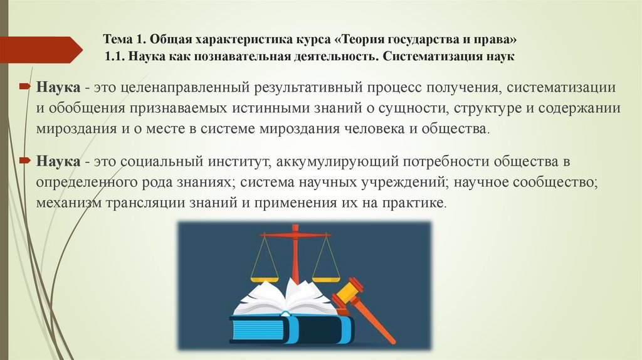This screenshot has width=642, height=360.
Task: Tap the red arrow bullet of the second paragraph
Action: tap(24, 162)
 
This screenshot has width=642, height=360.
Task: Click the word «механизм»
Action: tap(71, 204)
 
